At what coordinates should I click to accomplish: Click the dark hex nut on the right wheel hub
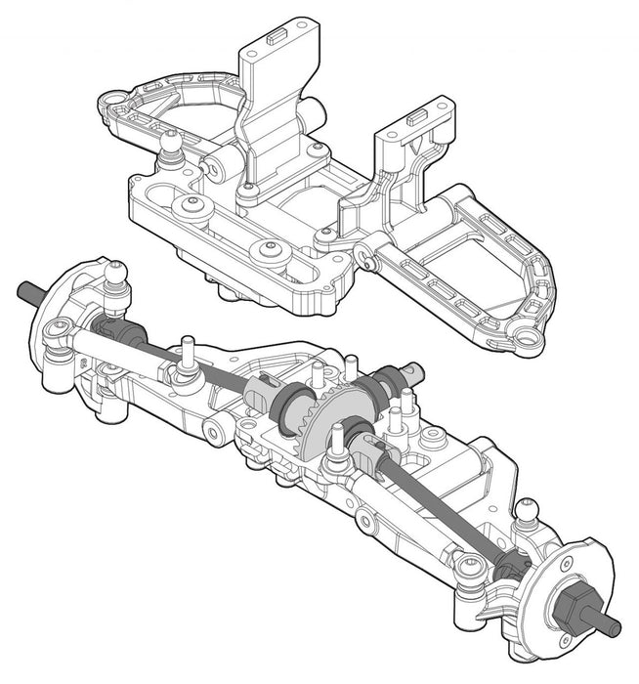tap(569, 606)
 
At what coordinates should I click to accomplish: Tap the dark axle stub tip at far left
tap(27, 290)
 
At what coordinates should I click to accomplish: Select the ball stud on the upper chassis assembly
tap(171, 145)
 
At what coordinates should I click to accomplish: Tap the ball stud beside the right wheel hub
tap(529, 510)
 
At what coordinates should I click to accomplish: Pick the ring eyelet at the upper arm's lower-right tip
tap(529, 339)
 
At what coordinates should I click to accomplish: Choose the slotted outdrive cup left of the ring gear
tap(264, 393)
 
